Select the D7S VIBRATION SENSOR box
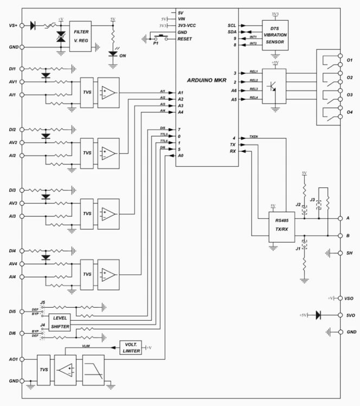tap(275, 35)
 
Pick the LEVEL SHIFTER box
tap(60, 322)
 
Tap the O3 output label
tap(350, 94)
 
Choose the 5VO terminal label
tap(350, 314)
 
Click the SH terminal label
tap(350, 253)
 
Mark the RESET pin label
tap(184, 39)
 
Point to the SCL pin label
tap(232, 25)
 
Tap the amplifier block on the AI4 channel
tap(109, 275)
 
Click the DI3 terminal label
tap(11, 191)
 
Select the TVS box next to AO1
tap(43, 370)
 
